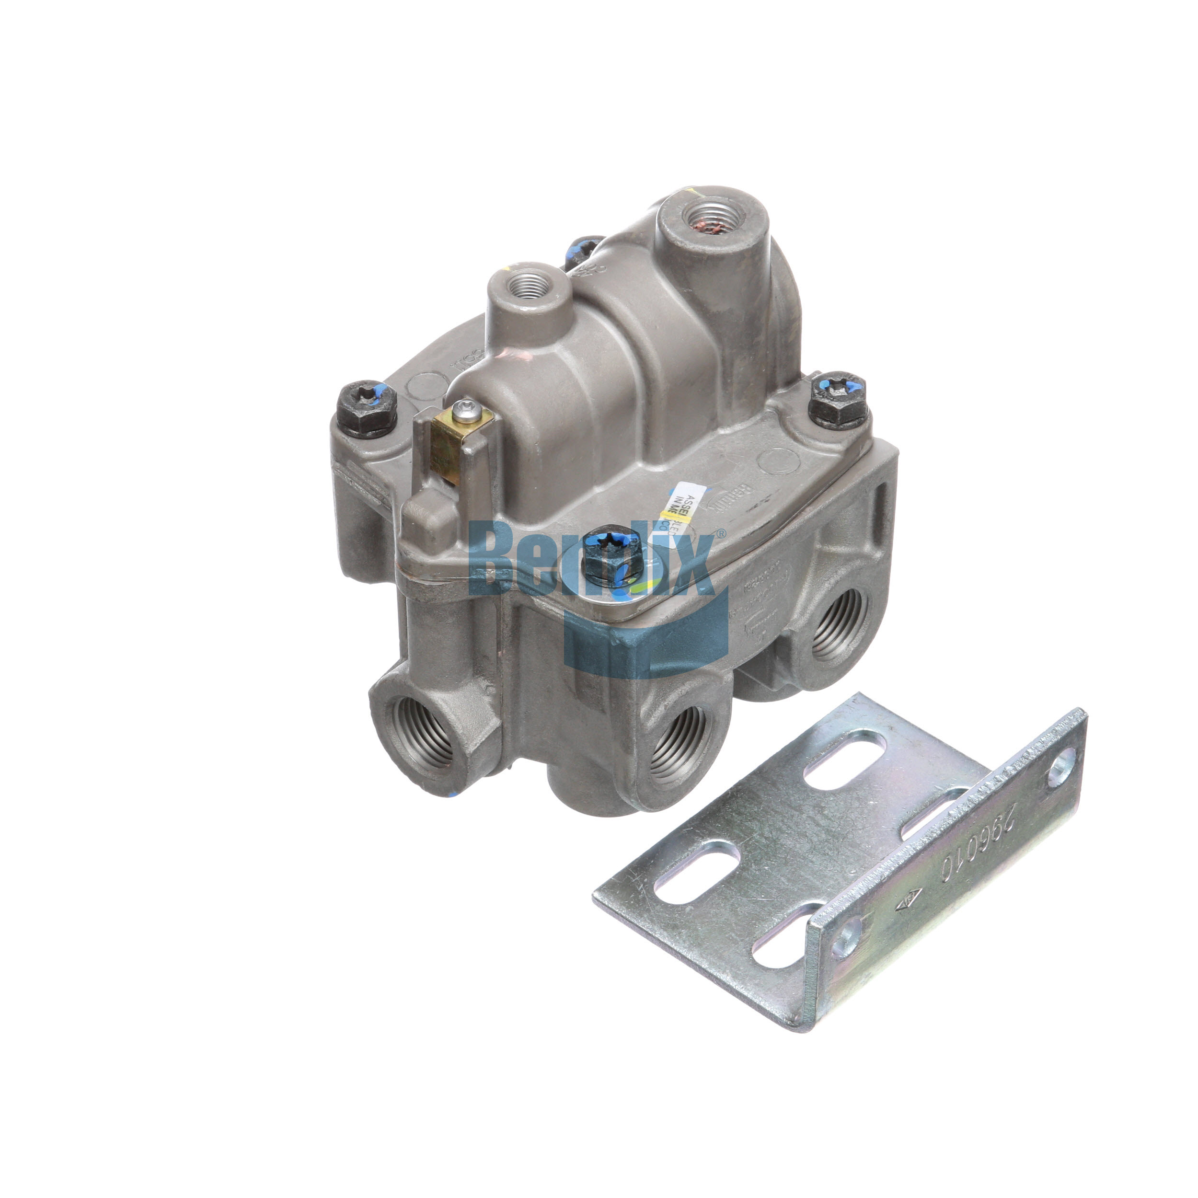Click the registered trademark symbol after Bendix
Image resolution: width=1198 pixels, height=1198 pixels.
[x=721, y=532]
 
